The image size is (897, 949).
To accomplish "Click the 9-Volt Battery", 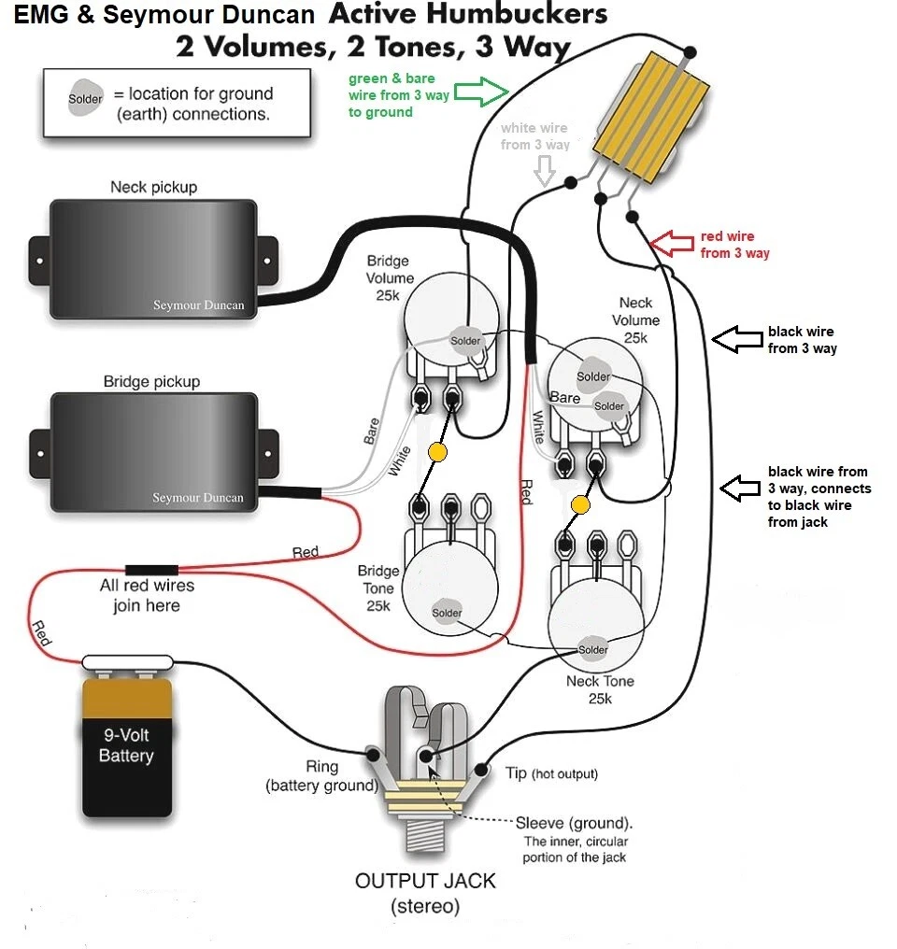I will point(126,747).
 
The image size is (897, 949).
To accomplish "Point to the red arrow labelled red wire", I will point(674,245).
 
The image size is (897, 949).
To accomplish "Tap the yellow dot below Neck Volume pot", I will point(580,505).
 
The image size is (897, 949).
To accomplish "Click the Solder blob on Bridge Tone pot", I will point(447,612).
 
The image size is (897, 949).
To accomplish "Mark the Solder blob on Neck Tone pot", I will point(592,649).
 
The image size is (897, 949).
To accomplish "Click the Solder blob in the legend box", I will point(86,99).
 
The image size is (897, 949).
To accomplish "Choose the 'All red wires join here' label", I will point(147,595).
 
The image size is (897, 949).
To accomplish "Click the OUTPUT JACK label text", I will point(425,881).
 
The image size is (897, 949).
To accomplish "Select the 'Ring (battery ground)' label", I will point(321,776).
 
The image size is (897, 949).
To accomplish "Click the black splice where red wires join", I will point(151,569).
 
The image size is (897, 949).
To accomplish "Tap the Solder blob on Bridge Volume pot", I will point(464,340).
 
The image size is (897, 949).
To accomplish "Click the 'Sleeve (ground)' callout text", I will point(574,823).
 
